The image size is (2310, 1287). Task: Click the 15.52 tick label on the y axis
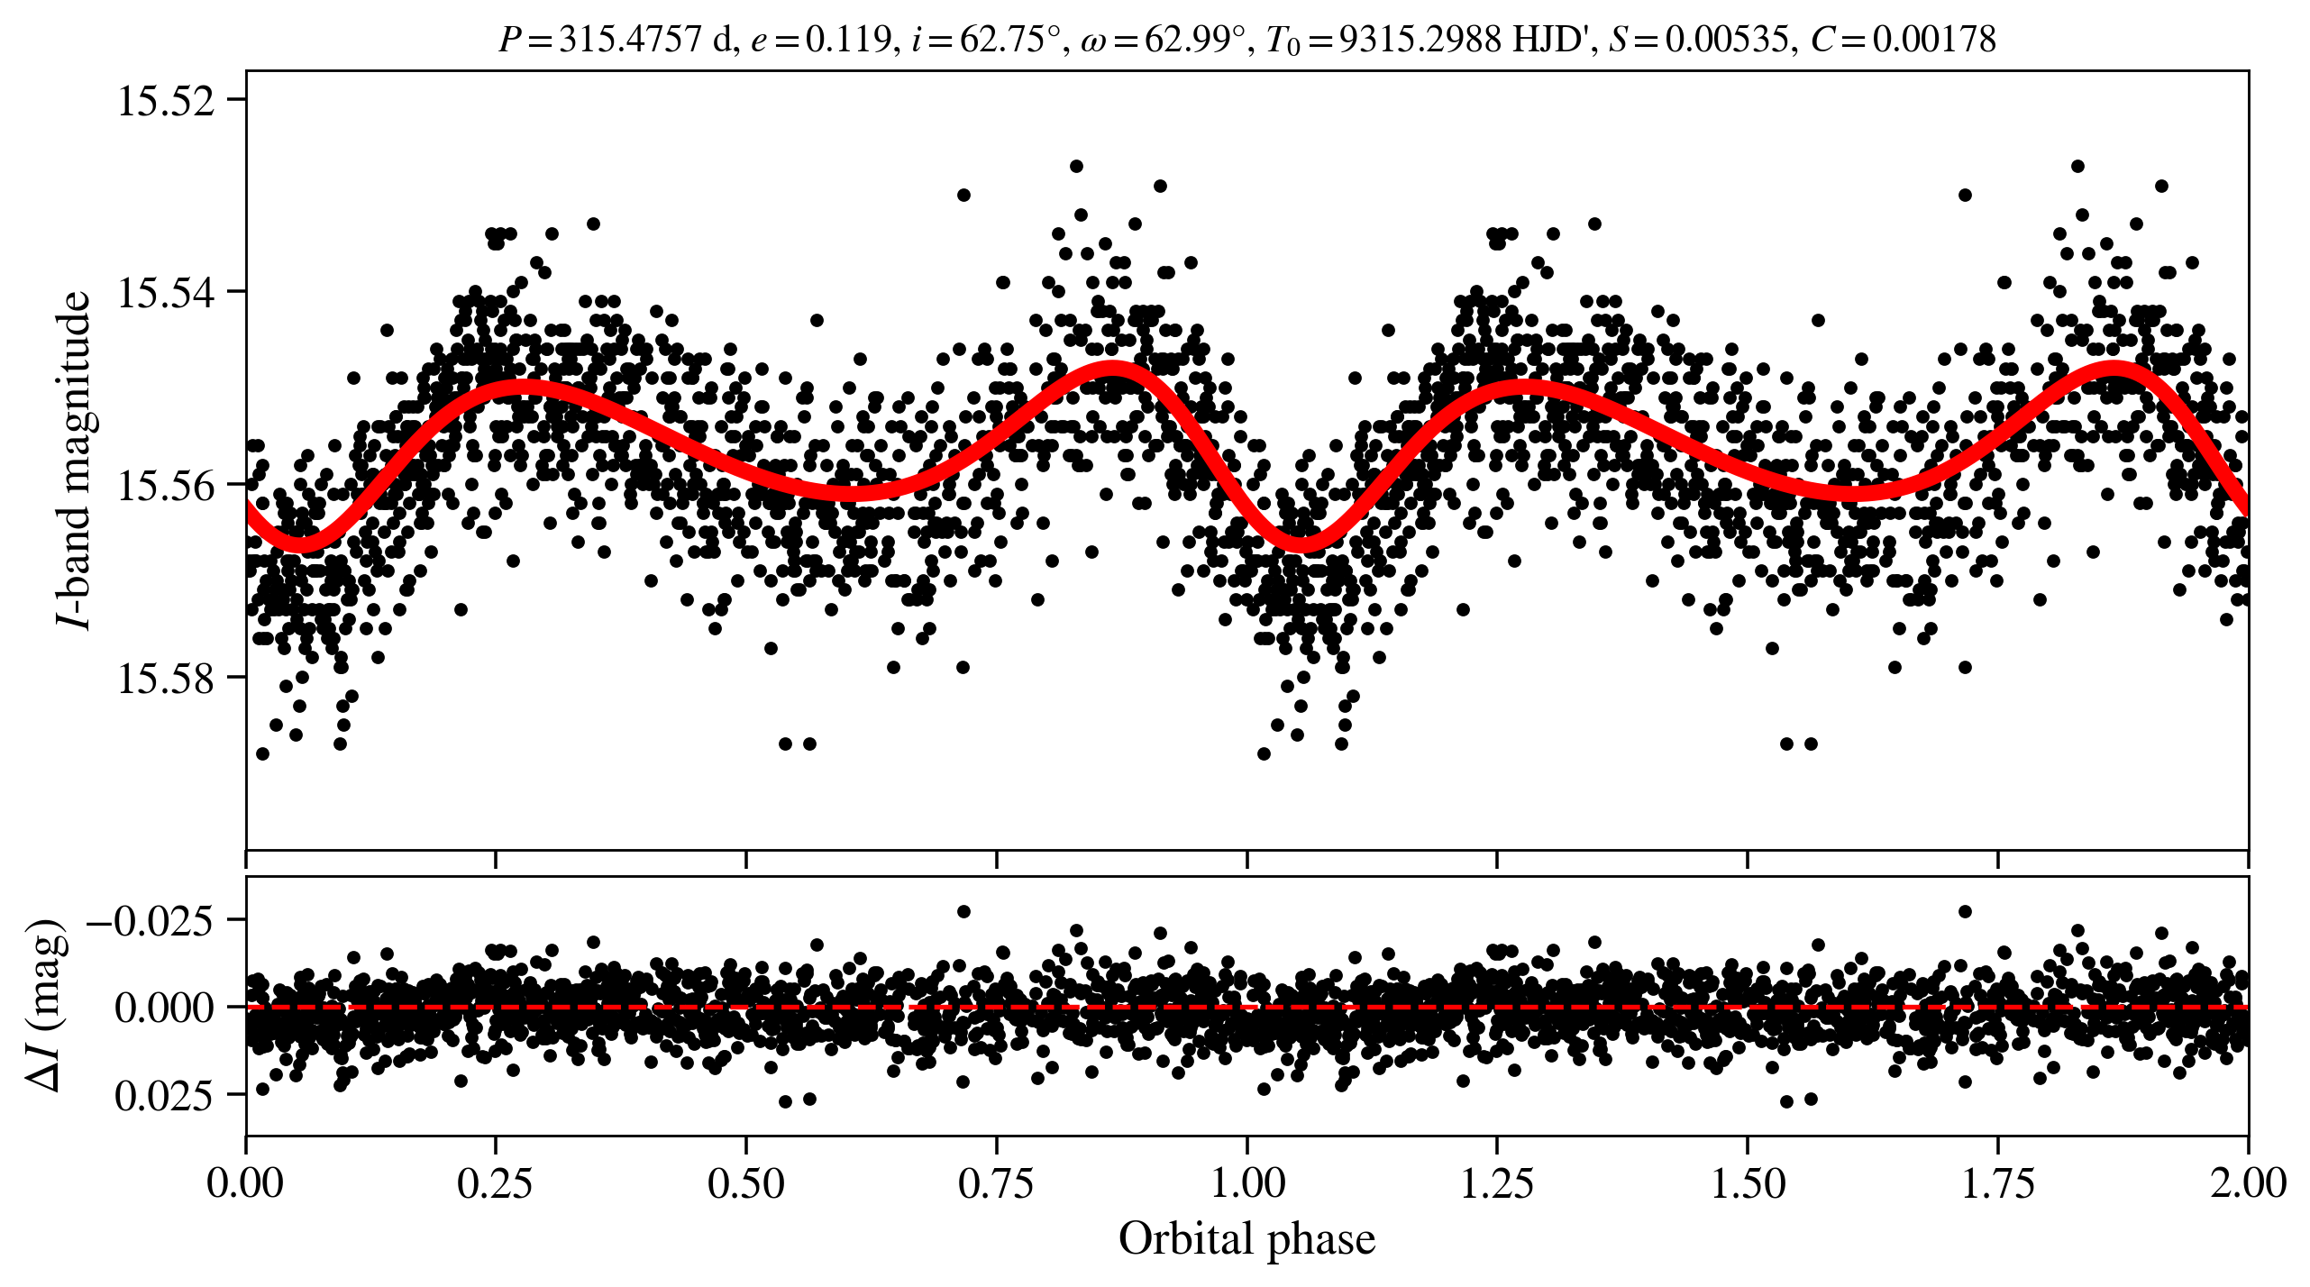click(x=167, y=101)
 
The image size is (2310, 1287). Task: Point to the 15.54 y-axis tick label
click(x=167, y=293)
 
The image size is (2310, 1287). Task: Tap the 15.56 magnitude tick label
click(x=167, y=486)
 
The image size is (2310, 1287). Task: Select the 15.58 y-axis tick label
click(x=167, y=679)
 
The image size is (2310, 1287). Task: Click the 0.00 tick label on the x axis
click(x=245, y=1182)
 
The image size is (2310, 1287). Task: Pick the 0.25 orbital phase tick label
click(x=495, y=1182)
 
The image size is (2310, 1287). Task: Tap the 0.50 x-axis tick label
click(x=745, y=1182)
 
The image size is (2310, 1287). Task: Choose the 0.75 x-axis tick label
click(x=996, y=1182)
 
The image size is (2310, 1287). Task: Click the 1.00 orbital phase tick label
click(x=1246, y=1182)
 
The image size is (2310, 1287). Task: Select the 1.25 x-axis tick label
click(x=1497, y=1182)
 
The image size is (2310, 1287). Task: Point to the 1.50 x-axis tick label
click(x=1748, y=1182)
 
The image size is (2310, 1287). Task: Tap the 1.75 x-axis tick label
click(x=1998, y=1182)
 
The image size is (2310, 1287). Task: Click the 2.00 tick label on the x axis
click(x=2248, y=1182)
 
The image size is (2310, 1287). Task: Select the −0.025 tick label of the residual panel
click(x=150, y=921)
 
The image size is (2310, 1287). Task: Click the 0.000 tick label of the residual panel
click(x=163, y=1008)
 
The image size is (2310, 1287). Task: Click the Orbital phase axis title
click(x=1246, y=1240)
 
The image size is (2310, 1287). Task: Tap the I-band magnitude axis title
click(x=75, y=460)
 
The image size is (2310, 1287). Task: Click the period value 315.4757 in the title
click(x=630, y=40)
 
